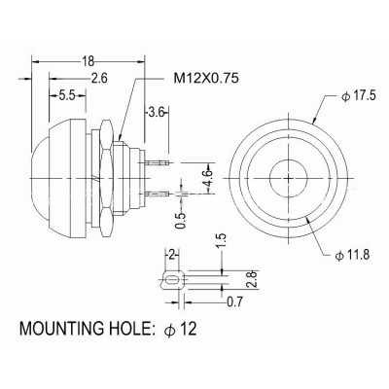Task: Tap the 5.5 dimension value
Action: [x=67, y=96]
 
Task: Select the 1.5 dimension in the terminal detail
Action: [x=222, y=240]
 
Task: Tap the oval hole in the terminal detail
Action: [x=171, y=281]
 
